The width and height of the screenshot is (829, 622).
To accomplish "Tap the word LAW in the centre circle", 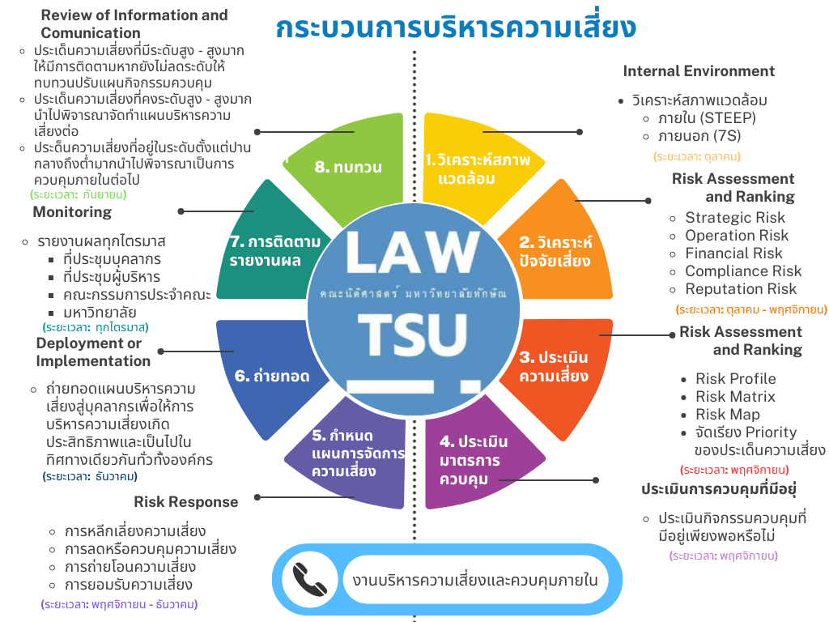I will tap(413, 253).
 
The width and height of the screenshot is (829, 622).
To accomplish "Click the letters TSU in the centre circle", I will tap(413, 331).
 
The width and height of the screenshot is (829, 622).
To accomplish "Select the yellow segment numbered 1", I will tap(478, 168).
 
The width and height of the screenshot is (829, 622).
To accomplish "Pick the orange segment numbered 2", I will tap(555, 250).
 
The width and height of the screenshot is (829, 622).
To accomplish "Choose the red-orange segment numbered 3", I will tap(554, 366).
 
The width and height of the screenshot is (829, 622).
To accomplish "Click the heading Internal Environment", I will tap(699, 71).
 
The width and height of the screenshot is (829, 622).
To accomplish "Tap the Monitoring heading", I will tap(72, 212).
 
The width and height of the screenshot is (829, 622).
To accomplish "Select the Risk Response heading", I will tap(186, 502).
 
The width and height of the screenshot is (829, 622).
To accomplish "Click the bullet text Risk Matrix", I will tap(735, 397).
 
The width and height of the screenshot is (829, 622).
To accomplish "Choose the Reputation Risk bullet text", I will tap(741, 289).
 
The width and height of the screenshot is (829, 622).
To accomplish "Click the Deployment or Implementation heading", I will tap(93, 352).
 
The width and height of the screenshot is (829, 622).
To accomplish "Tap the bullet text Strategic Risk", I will tap(735, 218).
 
